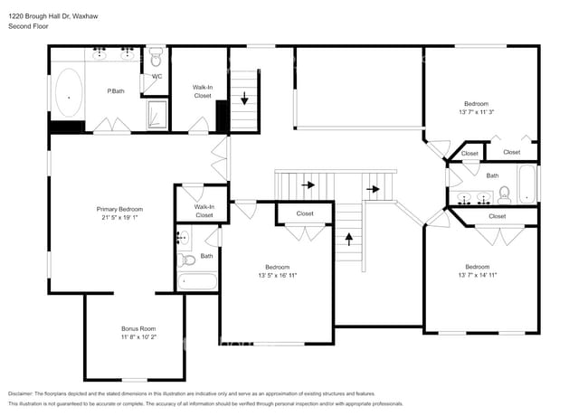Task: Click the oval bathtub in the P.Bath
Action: pyautogui.click(x=68, y=91)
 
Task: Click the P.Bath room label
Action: pyautogui.click(x=116, y=91)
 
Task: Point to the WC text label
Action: pyautogui.click(x=156, y=77)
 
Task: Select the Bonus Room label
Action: pyautogui.click(x=138, y=328)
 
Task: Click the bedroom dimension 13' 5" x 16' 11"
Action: pyautogui.click(x=278, y=275)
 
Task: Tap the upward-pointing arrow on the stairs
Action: pyautogui.click(x=349, y=240)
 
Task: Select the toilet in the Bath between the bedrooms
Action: pyautogui.click(x=506, y=192)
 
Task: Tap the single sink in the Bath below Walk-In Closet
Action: pyautogui.click(x=184, y=239)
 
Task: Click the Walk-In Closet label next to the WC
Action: pyautogui.click(x=202, y=91)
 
